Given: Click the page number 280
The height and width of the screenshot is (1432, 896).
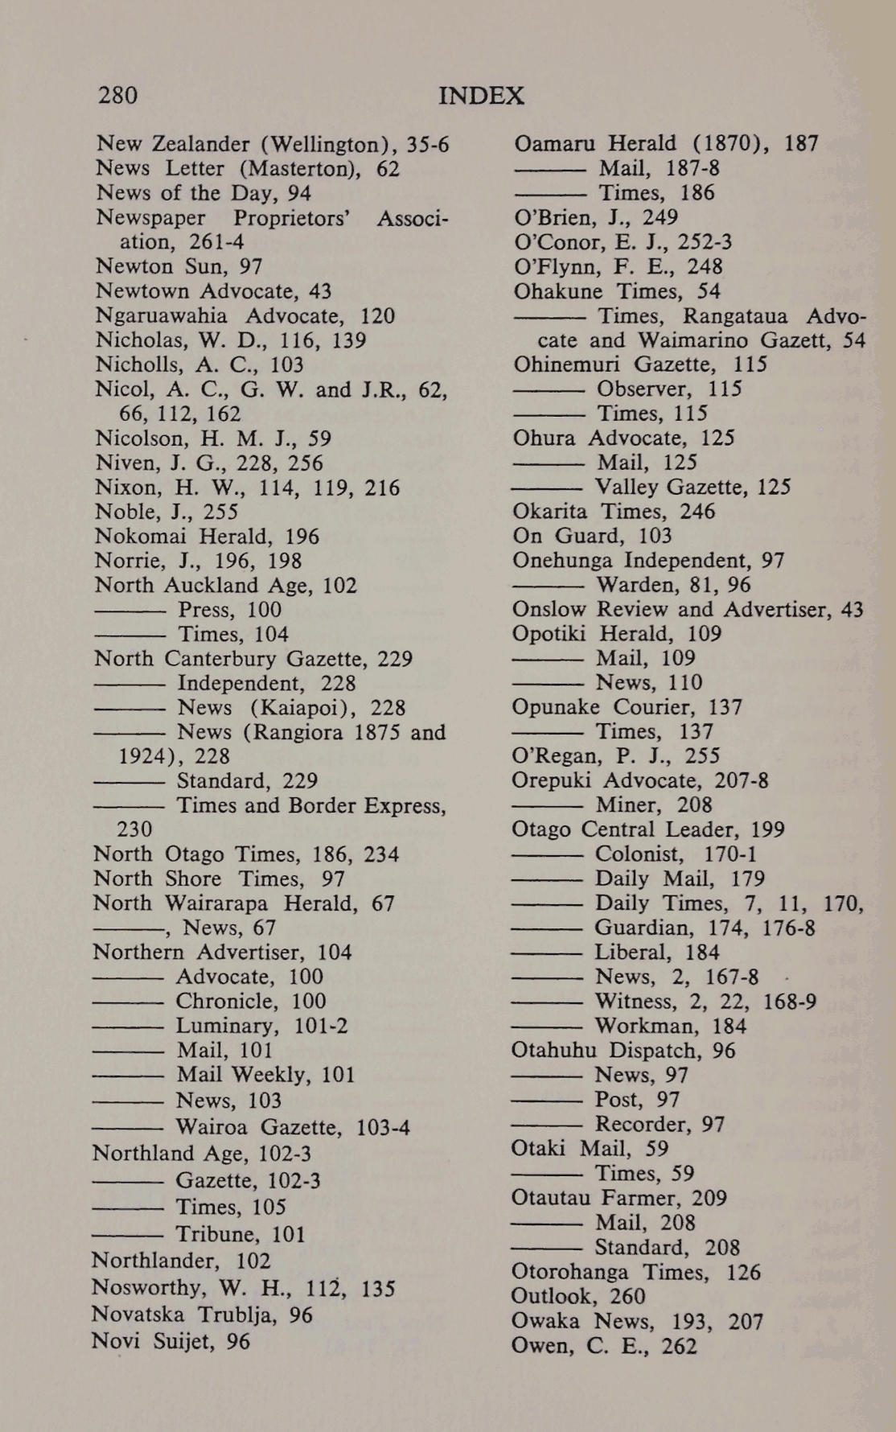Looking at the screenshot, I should click(x=117, y=96).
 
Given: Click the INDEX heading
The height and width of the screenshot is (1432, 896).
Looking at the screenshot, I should click(x=481, y=97).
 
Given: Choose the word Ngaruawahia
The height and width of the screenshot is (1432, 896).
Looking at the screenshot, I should click(x=161, y=316).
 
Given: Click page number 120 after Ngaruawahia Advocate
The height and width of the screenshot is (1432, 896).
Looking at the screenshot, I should click(x=377, y=316).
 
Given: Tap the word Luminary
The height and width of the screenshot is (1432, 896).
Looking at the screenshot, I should click(x=227, y=1026).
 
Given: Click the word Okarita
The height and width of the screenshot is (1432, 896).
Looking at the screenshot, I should click(x=549, y=512).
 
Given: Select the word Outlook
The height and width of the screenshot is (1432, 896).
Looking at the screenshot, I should click(x=549, y=1297).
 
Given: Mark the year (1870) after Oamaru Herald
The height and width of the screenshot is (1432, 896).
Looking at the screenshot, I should click(x=727, y=144).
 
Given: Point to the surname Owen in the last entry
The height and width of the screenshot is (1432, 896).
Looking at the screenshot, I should click(x=537, y=1347).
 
